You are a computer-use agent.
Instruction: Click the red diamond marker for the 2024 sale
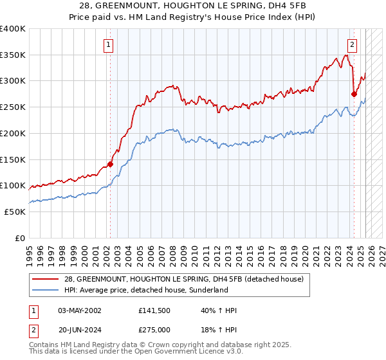(x=354, y=94)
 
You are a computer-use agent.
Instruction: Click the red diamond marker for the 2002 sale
(x=110, y=164)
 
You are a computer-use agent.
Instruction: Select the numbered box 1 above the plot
(x=108, y=45)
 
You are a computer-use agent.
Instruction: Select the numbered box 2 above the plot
(x=353, y=45)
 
